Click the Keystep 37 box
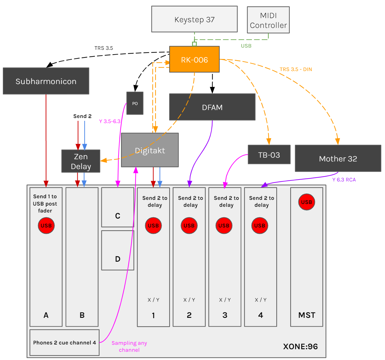coord(194,19)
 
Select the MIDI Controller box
coord(268,20)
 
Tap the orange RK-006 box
coord(194,60)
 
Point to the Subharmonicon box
coord(46,81)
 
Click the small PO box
coord(135,103)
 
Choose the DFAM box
coord(212,107)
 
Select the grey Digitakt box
coord(150,150)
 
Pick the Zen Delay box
coord(81,161)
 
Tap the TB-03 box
coord(269,155)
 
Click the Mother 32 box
coord(338,159)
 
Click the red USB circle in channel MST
coord(306,202)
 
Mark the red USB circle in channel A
coord(46,226)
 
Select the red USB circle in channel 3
coord(224,226)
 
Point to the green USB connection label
coord(246,46)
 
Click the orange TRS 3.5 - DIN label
coord(296,69)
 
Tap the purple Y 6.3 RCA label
coord(344,180)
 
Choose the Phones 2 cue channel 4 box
coord(64,343)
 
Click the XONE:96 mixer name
coord(300,346)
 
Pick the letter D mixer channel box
coord(118,251)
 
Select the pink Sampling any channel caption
coord(129,346)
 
